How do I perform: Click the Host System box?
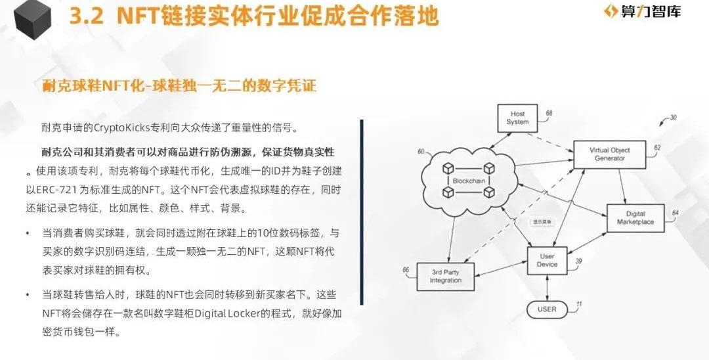point(518,118)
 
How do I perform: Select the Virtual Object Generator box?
point(609,154)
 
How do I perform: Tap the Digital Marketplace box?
point(635,218)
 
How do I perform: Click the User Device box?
point(547,261)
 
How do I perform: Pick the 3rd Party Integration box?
point(445,277)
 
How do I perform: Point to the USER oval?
point(547,310)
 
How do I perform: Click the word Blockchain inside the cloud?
point(469,181)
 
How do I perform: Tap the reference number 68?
point(549,113)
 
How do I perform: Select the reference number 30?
point(674,118)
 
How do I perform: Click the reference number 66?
point(406,270)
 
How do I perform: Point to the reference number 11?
point(579,305)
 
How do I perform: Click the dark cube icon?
point(32,20)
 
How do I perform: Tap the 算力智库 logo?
point(643,11)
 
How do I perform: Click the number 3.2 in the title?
point(87,16)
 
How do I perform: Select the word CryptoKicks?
point(121,127)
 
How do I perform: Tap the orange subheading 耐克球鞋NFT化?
point(94,85)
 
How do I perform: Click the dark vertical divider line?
point(362,212)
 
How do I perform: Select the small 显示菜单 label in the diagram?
point(542,222)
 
